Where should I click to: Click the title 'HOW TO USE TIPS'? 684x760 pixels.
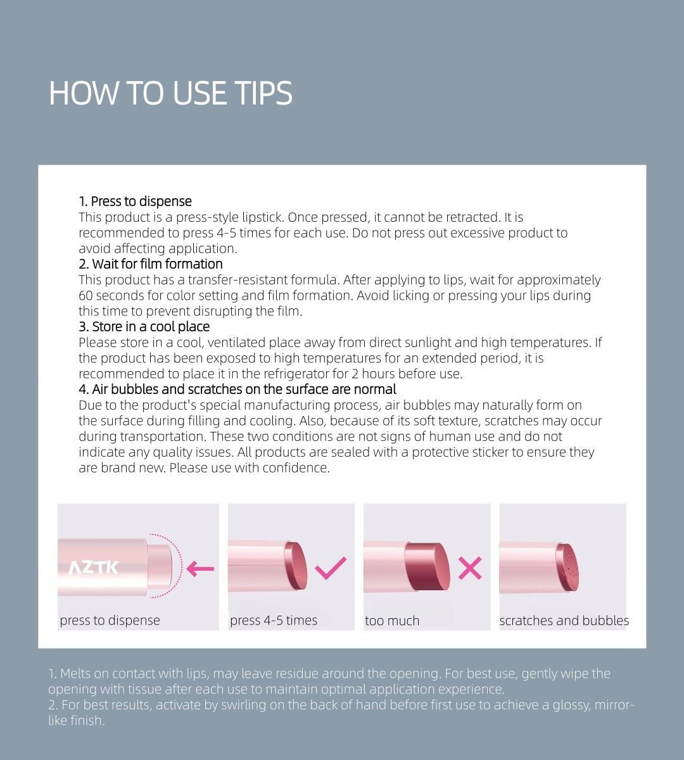click(170, 93)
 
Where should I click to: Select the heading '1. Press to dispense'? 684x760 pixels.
click(135, 201)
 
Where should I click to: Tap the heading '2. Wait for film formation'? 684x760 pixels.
click(151, 264)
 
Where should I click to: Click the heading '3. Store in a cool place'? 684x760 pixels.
click(144, 327)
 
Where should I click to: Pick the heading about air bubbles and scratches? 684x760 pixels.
click(237, 389)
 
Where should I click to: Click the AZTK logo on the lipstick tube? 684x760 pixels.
click(93, 567)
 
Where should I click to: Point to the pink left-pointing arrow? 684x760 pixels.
click(200, 569)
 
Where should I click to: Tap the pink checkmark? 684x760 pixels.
click(330, 568)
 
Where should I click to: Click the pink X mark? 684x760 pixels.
click(470, 568)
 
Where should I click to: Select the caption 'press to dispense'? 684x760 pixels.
click(110, 621)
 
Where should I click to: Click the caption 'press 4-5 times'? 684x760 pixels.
click(274, 621)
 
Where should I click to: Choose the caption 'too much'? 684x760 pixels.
click(392, 621)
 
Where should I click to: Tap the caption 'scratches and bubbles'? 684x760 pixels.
click(564, 621)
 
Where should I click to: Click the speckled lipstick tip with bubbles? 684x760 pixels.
click(568, 567)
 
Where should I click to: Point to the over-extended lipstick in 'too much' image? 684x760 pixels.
click(428, 566)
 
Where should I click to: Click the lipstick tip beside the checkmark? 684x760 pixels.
click(296, 566)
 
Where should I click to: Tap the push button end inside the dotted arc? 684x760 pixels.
click(160, 566)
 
